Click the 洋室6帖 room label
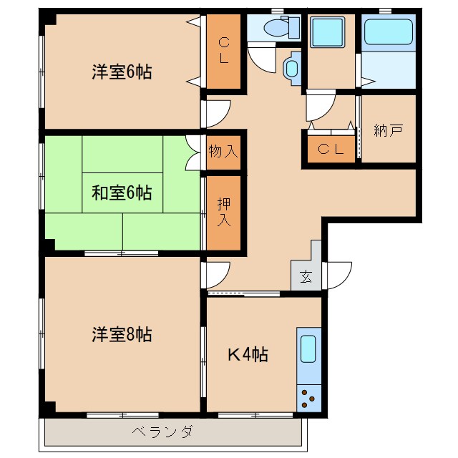click(121, 72)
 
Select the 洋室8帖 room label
click(121, 333)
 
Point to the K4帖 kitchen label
click(248, 354)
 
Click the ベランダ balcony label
click(162, 431)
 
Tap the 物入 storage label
click(223, 151)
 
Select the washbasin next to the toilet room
click(292, 69)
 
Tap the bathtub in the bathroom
click(388, 32)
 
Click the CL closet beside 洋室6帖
click(224, 50)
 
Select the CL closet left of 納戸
click(330, 150)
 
